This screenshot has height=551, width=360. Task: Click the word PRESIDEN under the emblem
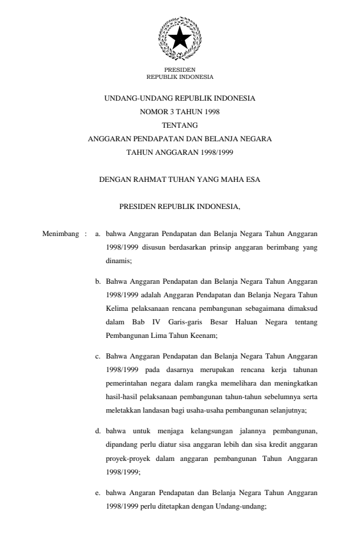pos(179,70)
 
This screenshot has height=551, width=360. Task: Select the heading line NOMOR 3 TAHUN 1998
pos(179,111)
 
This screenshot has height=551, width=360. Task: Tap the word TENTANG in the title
pos(179,125)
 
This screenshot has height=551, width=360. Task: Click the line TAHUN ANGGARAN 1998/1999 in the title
pos(179,153)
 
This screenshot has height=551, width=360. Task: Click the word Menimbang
pos(61,234)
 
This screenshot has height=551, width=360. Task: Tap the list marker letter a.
pos(98,234)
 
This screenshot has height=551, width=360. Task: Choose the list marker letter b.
pos(98,282)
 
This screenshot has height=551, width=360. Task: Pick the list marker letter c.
pos(98,356)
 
